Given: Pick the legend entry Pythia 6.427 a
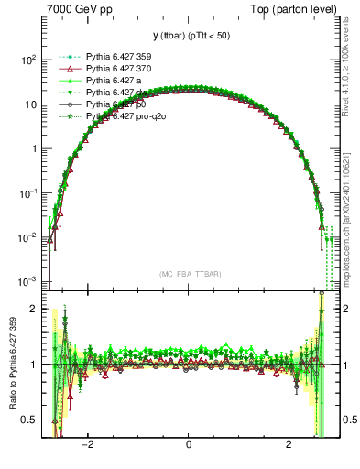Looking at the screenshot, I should coord(115,81).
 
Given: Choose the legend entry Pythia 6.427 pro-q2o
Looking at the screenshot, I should coord(127,117).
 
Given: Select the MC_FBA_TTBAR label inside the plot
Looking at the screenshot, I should coord(189,274).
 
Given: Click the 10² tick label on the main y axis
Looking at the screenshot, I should coord(27,60).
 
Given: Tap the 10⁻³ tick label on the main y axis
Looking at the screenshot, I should coord(27,280).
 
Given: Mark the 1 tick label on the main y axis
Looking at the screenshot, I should coord(34,148).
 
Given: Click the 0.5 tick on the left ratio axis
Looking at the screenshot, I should coord(28,420).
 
